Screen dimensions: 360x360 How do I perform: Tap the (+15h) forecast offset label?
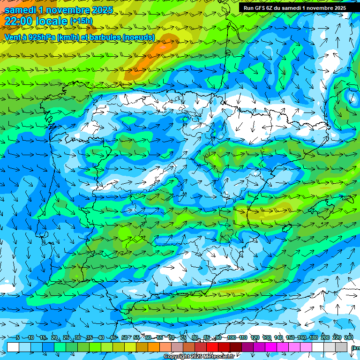(81, 21)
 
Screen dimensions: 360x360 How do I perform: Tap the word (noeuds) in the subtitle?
(138, 37)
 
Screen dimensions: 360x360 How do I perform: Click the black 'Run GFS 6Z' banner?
(294, 7)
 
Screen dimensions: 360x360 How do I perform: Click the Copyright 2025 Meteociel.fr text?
(199, 357)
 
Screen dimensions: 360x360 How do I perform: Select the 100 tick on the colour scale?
(231, 338)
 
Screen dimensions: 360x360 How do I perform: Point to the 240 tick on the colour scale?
(348, 338)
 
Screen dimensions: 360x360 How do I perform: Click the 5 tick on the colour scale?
(18, 338)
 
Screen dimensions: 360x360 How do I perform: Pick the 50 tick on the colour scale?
(124, 338)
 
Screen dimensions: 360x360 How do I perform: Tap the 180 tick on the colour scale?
(313, 338)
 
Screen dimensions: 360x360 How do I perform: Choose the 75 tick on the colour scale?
(183, 338)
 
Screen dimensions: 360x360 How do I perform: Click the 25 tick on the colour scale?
(66, 338)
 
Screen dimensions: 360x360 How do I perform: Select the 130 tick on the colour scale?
(266, 338)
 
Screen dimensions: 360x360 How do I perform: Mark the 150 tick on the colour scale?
(290, 338)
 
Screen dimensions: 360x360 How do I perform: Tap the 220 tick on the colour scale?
(337, 338)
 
